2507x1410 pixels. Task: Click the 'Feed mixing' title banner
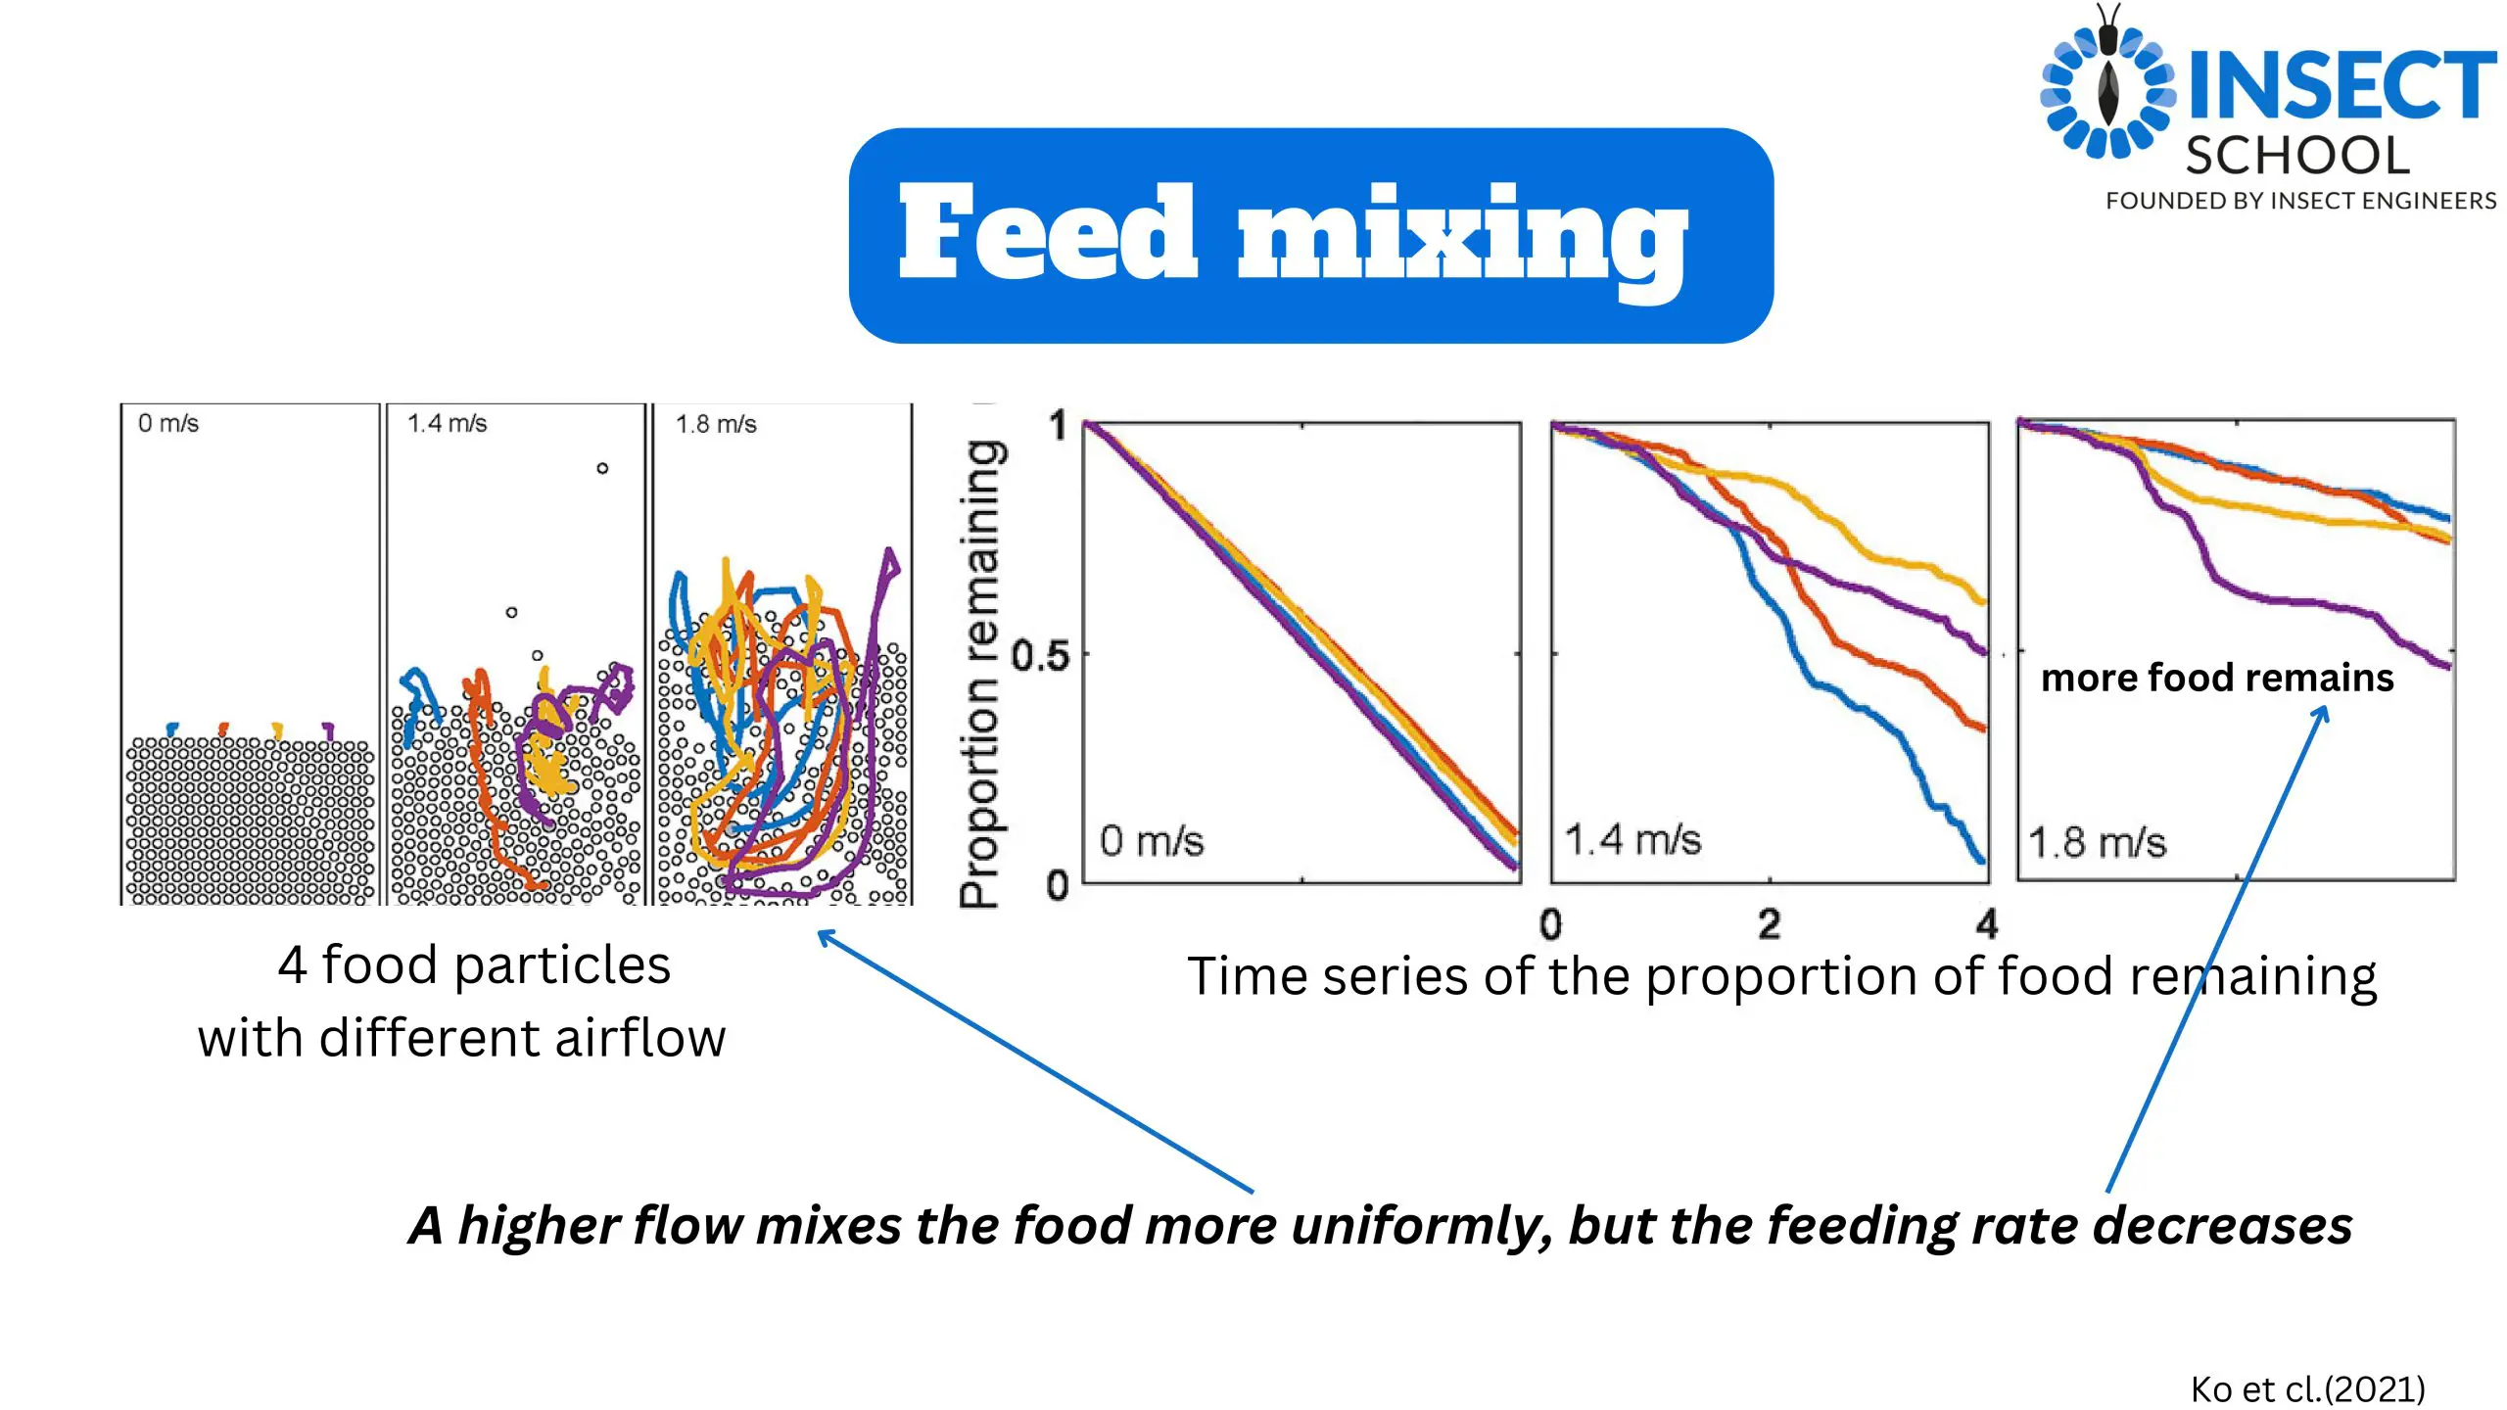click(x=1311, y=235)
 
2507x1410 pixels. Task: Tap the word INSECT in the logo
click(x=2341, y=86)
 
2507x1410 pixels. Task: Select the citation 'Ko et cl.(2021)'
click(x=2308, y=1388)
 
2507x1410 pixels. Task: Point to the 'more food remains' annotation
click(x=2217, y=678)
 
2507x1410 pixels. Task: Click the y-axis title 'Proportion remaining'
click(x=981, y=673)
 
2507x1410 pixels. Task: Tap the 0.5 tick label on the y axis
click(x=1040, y=655)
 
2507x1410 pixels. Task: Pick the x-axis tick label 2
click(x=1769, y=924)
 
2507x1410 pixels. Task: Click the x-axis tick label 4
click(x=1987, y=924)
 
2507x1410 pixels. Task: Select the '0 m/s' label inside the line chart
click(x=1152, y=841)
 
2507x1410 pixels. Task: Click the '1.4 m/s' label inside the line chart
click(x=1632, y=840)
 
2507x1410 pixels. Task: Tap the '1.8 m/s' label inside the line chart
click(x=2097, y=842)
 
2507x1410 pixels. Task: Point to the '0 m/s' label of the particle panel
click(x=168, y=423)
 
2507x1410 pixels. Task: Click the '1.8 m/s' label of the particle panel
click(x=716, y=424)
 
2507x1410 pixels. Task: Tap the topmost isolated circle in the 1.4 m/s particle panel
click(x=602, y=468)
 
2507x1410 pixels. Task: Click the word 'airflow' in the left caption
click(x=640, y=1038)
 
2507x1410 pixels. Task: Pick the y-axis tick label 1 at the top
click(x=1058, y=426)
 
